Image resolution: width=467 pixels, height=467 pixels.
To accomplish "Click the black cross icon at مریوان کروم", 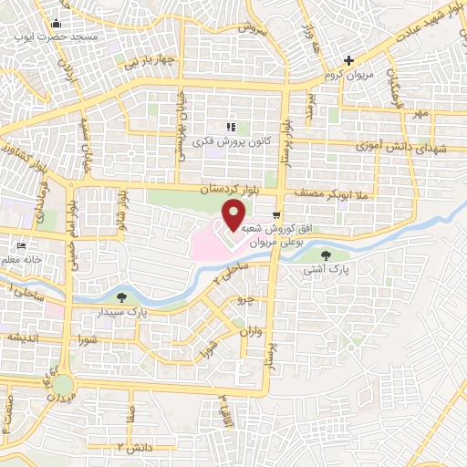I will (x=348, y=59).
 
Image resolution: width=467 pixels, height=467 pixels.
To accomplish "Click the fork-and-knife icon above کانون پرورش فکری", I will (x=230, y=128).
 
